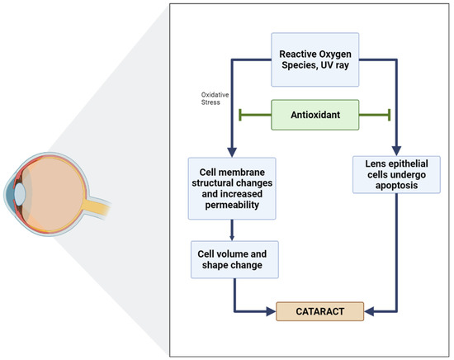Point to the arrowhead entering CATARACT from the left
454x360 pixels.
tap(270, 312)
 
